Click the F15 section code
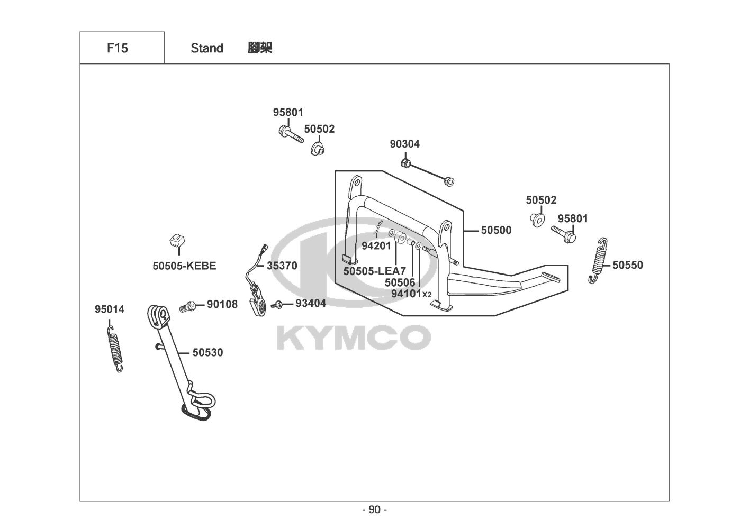(x=117, y=48)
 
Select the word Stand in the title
(x=207, y=48)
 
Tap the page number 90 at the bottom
(x=374, y=510)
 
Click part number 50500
(x=496, y=230)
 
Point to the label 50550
(x=628, y=265)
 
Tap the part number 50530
(x=207, y=352)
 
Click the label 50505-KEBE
(x=184, y=266)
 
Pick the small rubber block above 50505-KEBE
(x=177, y=241)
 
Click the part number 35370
(x=282, y=266)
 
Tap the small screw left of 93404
(x=277, y=305)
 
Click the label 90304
(x=404, y=144)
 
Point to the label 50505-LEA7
(x=375, y=271)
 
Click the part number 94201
(x=376, y=245)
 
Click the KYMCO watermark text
(x=354, y=337)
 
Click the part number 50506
(x=400, y=283)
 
